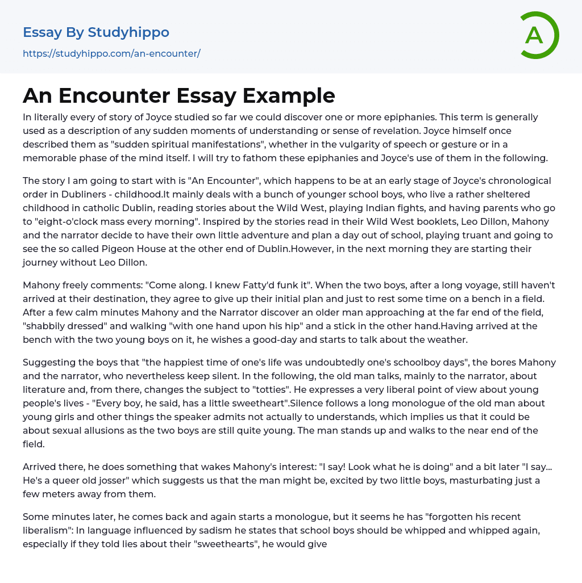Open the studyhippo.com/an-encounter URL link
[x=111, y=54]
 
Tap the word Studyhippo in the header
[x=128, y=32]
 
